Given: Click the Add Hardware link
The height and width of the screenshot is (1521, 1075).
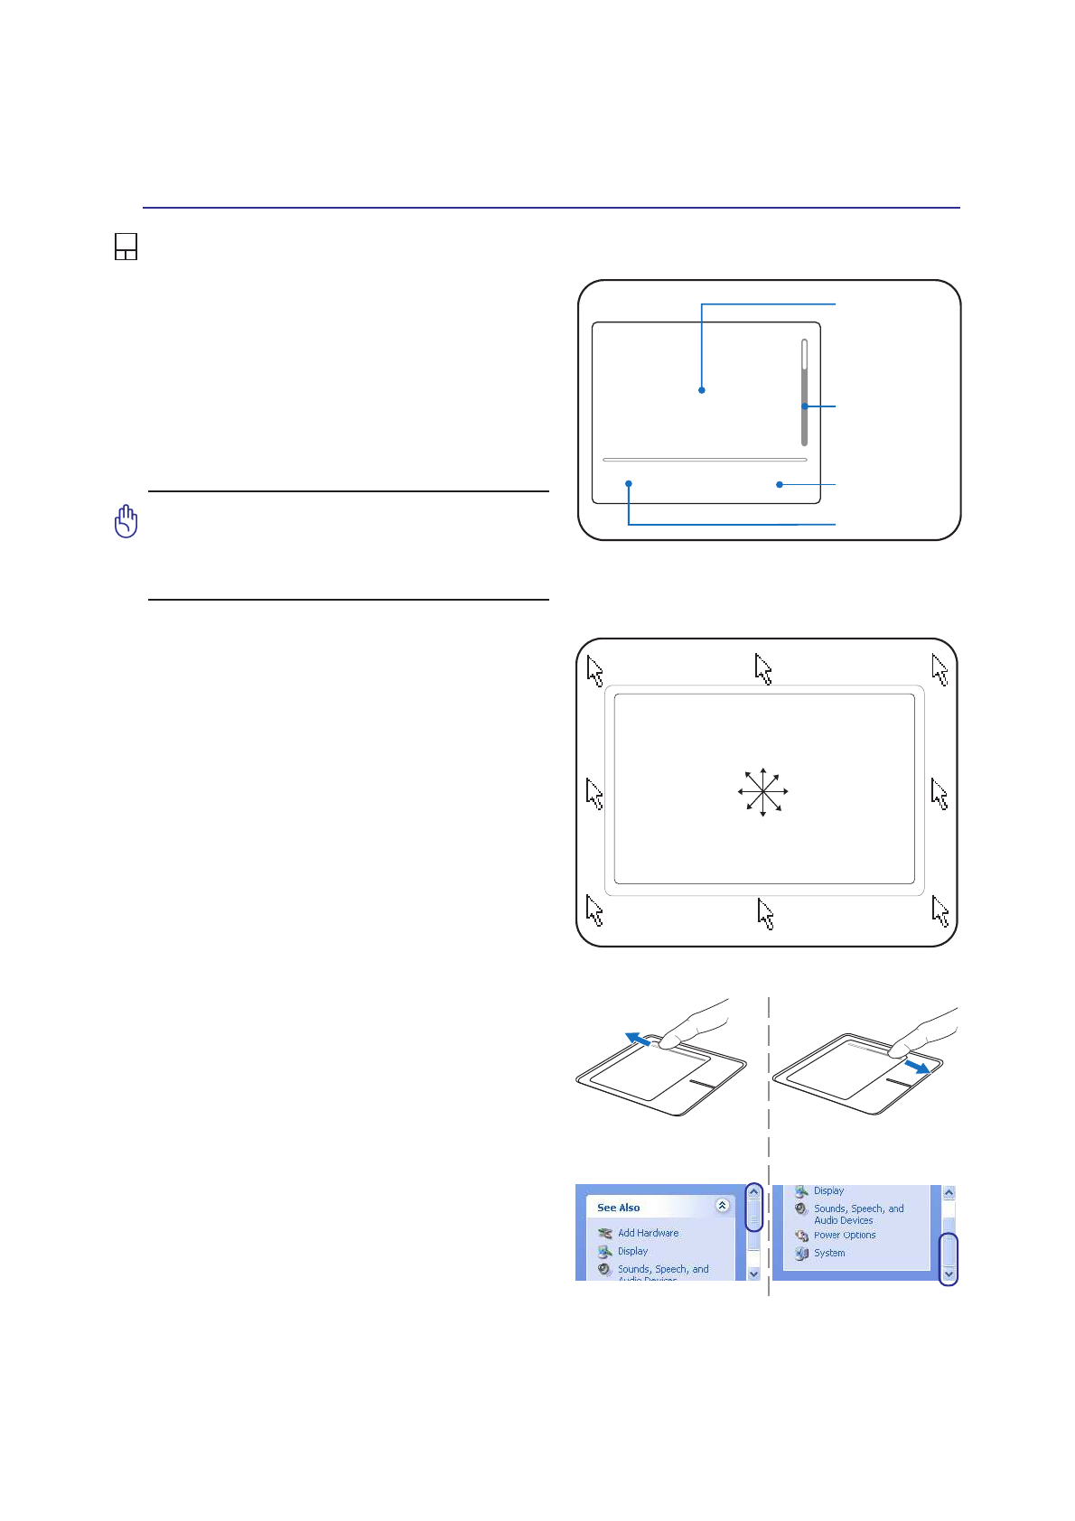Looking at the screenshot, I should click(647, 1233).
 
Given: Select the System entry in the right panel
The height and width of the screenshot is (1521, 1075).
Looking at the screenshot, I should click(828, 1254).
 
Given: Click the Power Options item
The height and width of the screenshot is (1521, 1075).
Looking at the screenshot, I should click(844, 1236).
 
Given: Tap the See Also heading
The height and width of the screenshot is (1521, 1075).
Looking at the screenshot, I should click(618, 1208).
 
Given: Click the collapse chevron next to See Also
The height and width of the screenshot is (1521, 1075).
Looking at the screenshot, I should click(722, 1206).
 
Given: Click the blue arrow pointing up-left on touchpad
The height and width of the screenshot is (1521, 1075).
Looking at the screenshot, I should click(639, 1040).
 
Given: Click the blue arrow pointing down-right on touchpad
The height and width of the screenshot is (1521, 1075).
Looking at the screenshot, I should click(917, 1067).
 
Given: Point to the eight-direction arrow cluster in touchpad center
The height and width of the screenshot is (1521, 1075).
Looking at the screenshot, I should click(763, 792).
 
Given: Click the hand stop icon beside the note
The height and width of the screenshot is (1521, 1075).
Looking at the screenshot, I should click(126, 521).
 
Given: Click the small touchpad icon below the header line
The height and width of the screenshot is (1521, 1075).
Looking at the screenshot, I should click(126, 247).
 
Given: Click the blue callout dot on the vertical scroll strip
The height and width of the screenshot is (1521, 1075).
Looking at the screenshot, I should click(804, 406).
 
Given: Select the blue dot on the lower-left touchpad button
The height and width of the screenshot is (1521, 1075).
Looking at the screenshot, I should click(629, 484).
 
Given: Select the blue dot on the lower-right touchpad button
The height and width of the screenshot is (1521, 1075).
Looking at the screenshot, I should click(779, 485).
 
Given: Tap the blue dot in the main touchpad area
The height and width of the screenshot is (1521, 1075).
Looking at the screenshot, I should click(702, 390).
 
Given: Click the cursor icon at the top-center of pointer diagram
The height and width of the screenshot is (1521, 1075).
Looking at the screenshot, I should click(763, 670).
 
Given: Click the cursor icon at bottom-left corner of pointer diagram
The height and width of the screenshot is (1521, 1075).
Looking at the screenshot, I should click(594, 910).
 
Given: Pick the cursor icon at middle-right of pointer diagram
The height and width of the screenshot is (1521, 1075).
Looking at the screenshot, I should click(939, 795).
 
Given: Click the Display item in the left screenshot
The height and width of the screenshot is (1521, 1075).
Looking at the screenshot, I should click(631, 1252).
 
